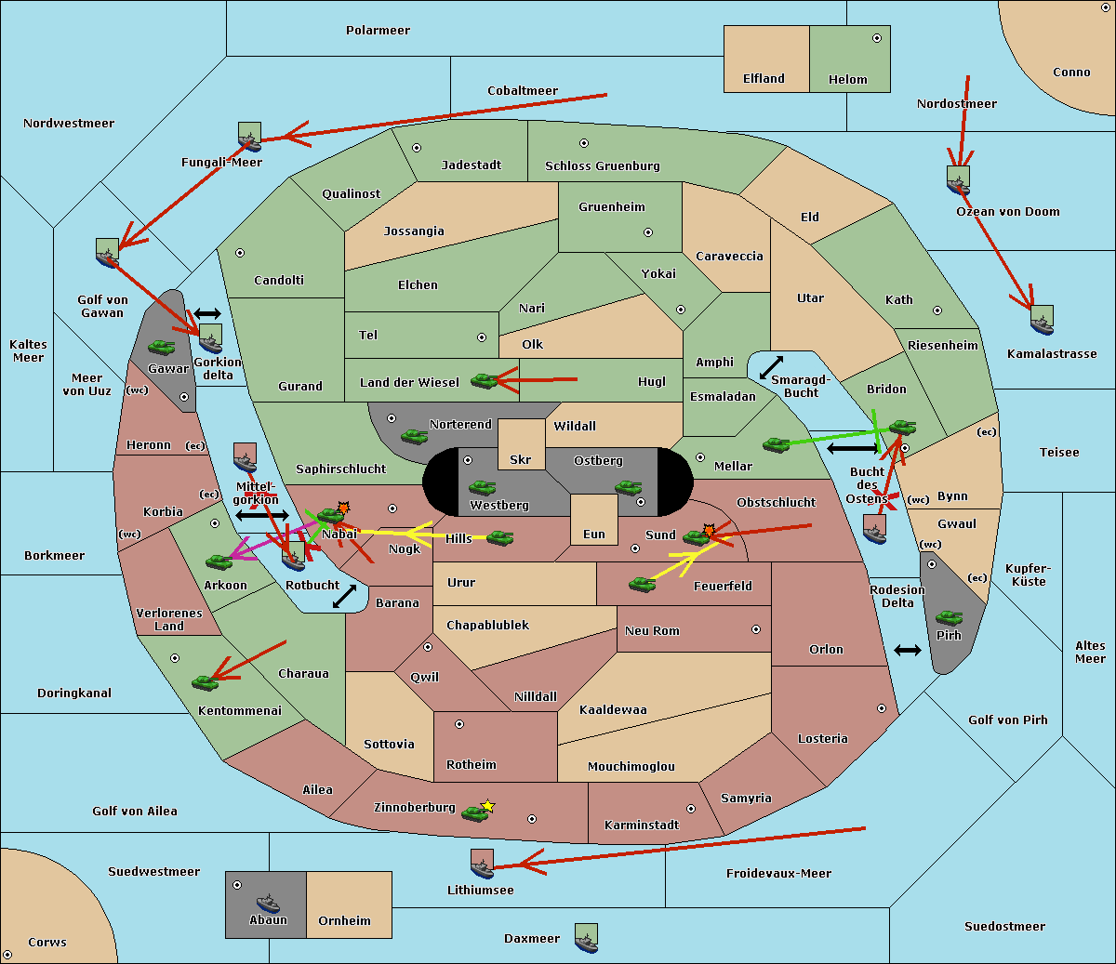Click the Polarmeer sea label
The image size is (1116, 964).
pos(378,31)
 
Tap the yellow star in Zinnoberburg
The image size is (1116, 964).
pos(487,806)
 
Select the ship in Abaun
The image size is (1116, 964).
pos(268,903)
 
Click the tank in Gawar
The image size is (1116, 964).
pos(162,348)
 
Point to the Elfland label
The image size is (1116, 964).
pos(764,79)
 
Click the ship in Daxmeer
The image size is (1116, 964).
pos(586,938)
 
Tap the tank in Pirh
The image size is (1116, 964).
pos(949,618)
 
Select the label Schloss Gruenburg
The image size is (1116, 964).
pos(603,165)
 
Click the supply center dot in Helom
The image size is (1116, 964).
pos(877,38)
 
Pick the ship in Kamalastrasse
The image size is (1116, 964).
pos(1042,320)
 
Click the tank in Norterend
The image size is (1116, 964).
pos(414,437)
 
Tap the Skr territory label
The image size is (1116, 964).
pos(521,459)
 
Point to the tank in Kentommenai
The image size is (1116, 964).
pos(206,682)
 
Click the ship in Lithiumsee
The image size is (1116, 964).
pos(482,865)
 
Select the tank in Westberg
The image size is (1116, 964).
pos(482,488)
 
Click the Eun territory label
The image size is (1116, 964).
pos(594,534)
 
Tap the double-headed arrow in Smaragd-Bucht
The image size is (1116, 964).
pos(771,367)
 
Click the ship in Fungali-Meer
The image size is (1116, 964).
pos(249,137)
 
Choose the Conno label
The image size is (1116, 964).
pos(1071,73)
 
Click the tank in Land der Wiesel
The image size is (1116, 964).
pos(485,381)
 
